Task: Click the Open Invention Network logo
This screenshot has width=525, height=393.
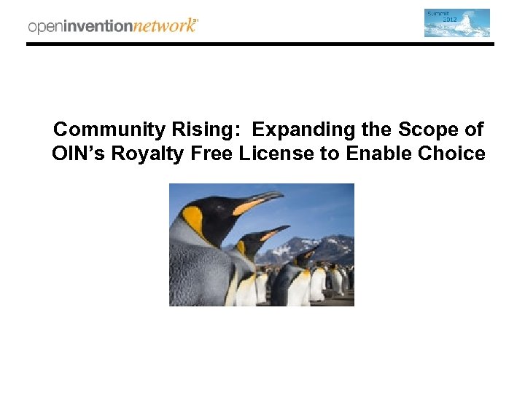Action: (x=113, y=25)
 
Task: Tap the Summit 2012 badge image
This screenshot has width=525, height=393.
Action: (x=457, y=23)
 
